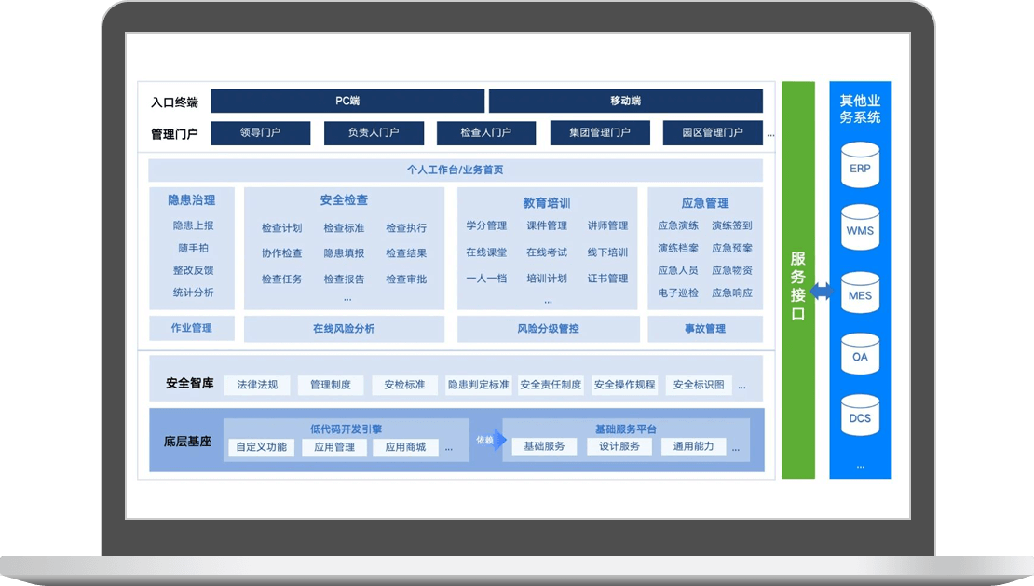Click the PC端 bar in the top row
tap(347, 101)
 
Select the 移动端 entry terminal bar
tap(626, 101)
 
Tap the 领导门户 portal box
tap(261, 132)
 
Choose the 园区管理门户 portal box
tap(713, 132)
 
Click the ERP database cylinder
tap(860, 166)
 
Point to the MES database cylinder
tap(860, 293)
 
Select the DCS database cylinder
tap(860, 416)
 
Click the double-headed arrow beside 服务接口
tap(822, 291)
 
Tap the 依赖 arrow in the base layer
tap(491, 440)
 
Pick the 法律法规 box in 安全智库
tap(257, 385)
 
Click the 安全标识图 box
tap(699, 385)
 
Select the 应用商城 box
tap(405, 447)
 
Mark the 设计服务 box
tap(619, 446)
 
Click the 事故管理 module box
tap(705, 329)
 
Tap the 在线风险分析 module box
tap(344, 329)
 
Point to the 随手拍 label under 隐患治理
tap(193, 248)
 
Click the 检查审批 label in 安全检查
tap(406, 279)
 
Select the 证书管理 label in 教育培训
tap(607, 279)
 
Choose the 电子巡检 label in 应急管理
tap(678, 293)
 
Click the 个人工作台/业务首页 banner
tap(455, 170)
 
